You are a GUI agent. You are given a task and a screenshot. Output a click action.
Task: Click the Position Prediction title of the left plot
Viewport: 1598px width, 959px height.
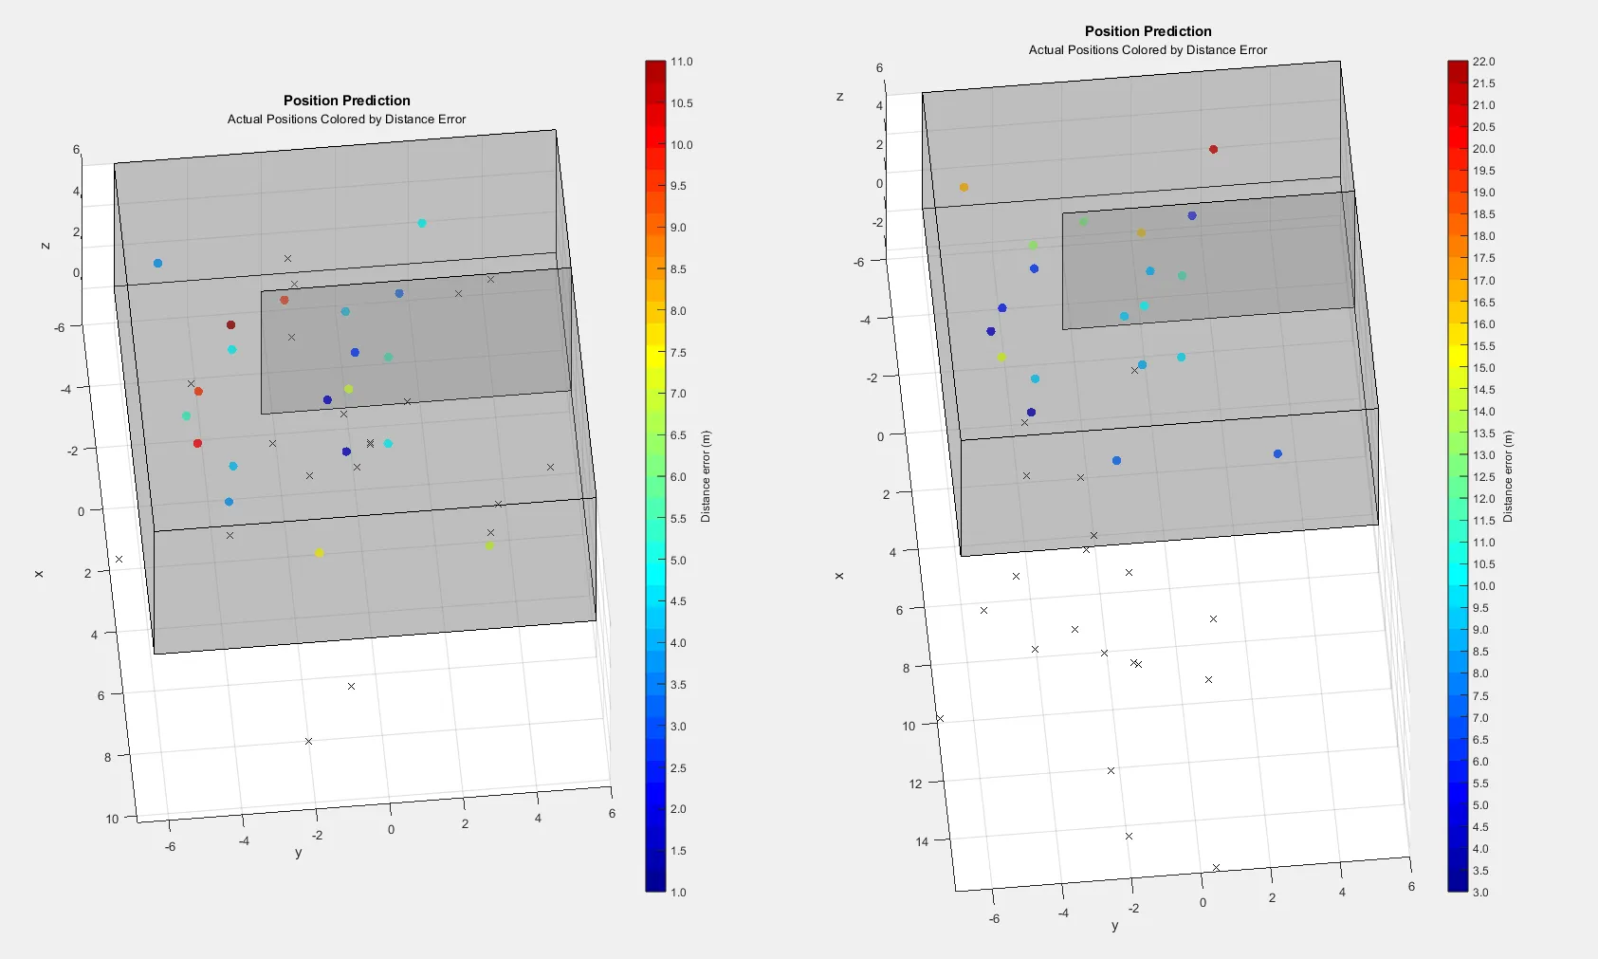tap(347, 101)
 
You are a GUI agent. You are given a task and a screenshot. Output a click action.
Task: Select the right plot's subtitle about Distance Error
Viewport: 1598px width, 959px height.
tap(1148, 50)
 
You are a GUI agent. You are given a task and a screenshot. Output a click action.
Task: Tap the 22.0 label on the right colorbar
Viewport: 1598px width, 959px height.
tap(1483, 62)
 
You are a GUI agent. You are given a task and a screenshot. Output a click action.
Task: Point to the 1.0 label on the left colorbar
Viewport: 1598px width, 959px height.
tap(678, 892)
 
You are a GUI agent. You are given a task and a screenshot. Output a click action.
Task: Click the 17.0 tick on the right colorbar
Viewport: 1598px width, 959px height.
tap(1483, 281)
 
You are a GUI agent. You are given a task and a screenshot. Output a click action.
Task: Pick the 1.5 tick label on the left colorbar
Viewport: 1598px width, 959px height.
tap(678, 851)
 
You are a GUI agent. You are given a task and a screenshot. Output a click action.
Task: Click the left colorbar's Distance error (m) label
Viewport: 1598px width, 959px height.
tap(706, 476)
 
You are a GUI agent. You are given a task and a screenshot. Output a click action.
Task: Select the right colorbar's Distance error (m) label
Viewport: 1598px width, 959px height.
tap(1508, 476)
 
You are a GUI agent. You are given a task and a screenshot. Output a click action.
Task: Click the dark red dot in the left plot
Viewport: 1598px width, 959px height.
tap(230, 325)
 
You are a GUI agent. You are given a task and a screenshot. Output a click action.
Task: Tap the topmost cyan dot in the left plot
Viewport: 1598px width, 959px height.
tap(422, 224)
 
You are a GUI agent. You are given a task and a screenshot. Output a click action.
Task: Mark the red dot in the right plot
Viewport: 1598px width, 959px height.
tap(1213, 149)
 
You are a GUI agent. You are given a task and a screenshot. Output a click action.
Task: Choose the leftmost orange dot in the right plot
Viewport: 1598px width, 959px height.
tap(964, 188)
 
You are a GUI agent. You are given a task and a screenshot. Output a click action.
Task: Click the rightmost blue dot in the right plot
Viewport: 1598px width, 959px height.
tap(1277, 454)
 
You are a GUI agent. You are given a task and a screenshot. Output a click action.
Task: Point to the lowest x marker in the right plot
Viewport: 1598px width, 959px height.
tap(1216, 867)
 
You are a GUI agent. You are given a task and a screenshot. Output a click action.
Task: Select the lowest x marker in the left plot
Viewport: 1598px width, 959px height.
tap(308, 741)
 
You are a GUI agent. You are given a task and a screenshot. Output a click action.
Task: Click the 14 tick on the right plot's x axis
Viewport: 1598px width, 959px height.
tap(922, 841)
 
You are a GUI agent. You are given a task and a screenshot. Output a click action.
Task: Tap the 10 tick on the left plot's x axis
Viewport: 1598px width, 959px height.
tap(112, 819)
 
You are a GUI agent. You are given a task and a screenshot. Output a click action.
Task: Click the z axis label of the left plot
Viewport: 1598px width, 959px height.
tap(45, 246)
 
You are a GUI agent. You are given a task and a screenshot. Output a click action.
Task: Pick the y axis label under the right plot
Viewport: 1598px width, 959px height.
tap(1114, 926)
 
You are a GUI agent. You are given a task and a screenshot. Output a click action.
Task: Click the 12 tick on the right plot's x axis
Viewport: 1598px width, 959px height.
tap(914, 784)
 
